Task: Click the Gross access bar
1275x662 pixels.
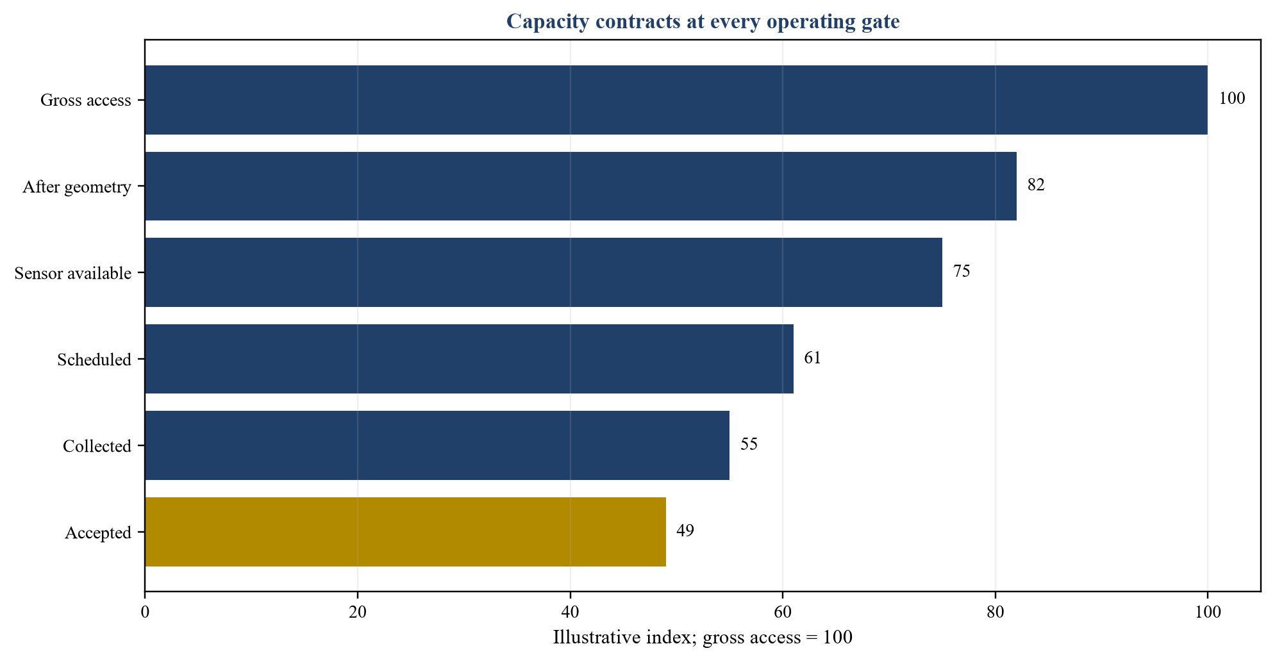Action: click(676, 100)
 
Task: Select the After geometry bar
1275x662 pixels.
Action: click(581, 186)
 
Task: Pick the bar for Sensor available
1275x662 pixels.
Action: click(544, 272)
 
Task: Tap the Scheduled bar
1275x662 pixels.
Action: click(469, 359)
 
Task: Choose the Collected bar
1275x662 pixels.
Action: click(437, 445)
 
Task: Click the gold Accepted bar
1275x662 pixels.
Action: click(406, 532)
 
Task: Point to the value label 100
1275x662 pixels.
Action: click(1232, 99)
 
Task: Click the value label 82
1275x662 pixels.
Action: click(1036, 185)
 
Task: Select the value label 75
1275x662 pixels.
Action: click(962, 272)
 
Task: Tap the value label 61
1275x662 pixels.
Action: click(813, 358)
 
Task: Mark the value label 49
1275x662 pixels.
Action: click(685, 531)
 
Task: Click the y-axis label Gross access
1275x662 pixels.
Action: click(86, 101)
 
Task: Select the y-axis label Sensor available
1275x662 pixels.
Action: click(73, 274)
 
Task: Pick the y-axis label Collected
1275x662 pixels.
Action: click(97, 446)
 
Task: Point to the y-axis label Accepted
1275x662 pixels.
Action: click(98, 533)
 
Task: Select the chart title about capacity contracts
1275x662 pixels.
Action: click(703, 22)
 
